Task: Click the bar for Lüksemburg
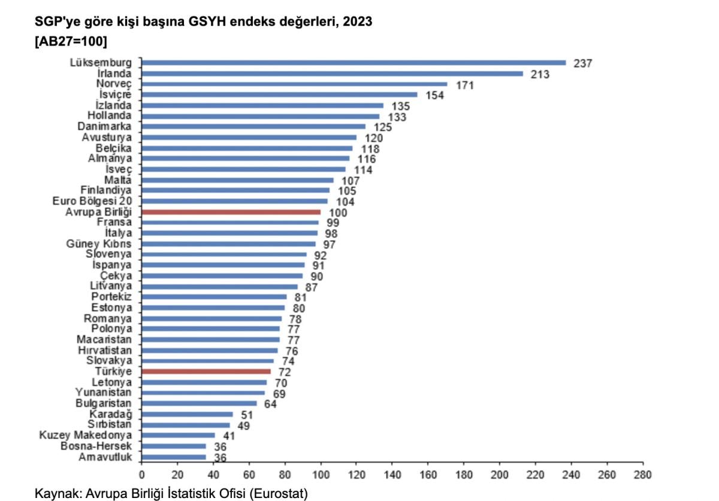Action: [x=354, y=62]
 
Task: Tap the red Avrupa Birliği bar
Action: [x=231, y=212]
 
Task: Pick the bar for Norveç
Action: [x=294, y=84]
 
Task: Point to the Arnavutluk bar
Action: [x=174, y=457]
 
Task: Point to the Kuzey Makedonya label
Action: [x=85, y=435]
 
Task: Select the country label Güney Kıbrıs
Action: [x=99, y=244]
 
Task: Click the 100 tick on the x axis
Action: [x=321, y=475]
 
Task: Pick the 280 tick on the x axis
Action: [x=643, y=475]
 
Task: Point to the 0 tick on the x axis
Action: [x=142, y=475]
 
